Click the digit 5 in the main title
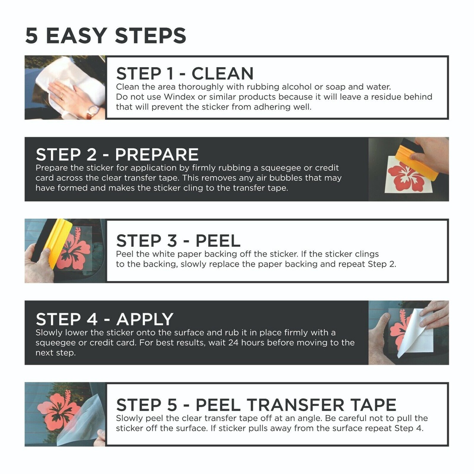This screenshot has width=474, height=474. [32, 36]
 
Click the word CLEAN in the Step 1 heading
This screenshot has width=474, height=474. [223, 74]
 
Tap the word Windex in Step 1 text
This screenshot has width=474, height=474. [180, 97]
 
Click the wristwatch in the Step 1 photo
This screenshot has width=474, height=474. [92, 112]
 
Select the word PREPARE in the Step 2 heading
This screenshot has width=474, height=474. [156, 155]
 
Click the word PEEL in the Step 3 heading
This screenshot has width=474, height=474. [218, 241]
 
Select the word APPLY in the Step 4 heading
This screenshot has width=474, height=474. [145, 319]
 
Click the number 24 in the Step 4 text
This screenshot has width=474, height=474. [233, 343]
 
